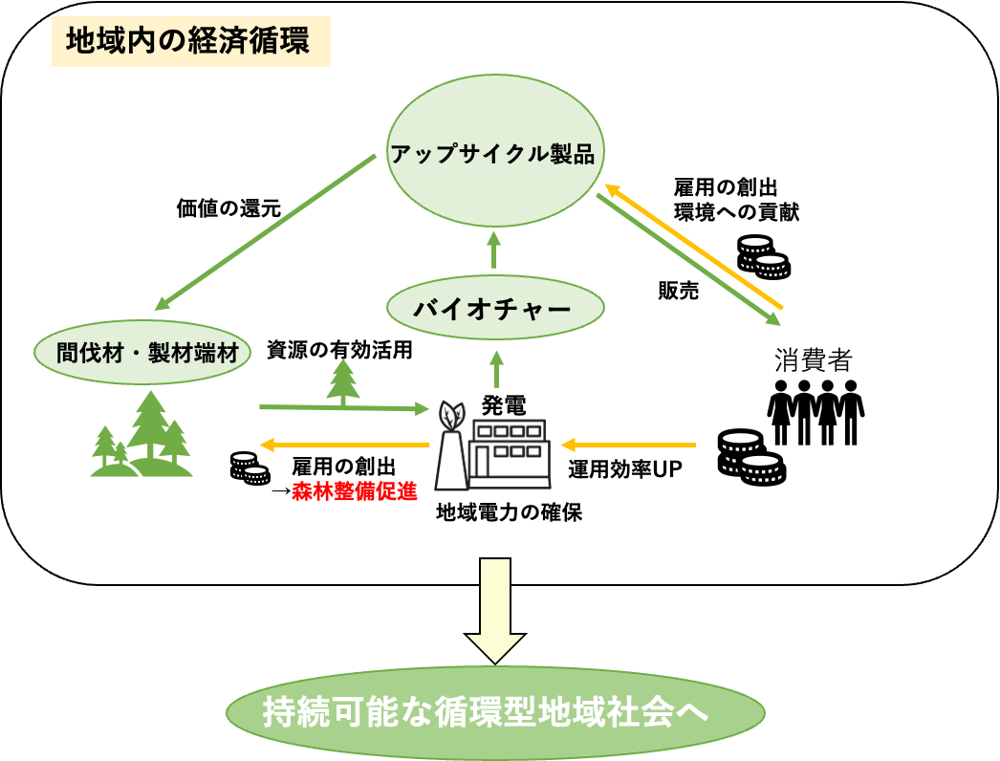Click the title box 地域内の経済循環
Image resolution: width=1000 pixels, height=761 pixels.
click(x=190, y=41)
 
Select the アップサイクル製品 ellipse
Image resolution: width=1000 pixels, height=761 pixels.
click(x=495, y=151)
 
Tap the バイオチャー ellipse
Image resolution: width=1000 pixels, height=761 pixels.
click(x=495, y=308)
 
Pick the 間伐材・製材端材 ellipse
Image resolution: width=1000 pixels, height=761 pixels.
click(x=142, y=353)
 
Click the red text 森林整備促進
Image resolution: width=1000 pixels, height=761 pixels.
click(x=355, y=491)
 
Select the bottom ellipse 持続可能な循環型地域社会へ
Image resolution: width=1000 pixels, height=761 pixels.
click(x=495, y=713)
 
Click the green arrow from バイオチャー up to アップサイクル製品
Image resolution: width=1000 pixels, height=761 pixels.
click(x=494, y=250)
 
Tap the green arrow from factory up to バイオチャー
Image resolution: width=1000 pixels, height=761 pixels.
click(x=496, y=369)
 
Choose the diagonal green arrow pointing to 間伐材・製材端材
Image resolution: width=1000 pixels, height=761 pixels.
click(x=266, y=232)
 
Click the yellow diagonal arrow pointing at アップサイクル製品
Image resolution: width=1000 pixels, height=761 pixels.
click(x=693, y=246)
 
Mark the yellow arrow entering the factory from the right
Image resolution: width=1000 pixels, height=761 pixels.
click(x=628, y=445)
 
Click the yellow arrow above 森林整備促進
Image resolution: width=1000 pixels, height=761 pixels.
click(x=344, y=445)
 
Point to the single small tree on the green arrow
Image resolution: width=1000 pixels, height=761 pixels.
click(x=343, y=381)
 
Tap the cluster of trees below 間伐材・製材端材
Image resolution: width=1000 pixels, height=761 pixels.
click(x=143, y=437)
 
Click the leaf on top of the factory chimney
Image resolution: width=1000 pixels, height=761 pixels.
click(x=451, y=416)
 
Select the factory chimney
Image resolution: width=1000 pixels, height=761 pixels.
click(x=451, y=462)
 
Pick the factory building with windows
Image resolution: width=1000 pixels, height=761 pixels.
click(x=511, y=453)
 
